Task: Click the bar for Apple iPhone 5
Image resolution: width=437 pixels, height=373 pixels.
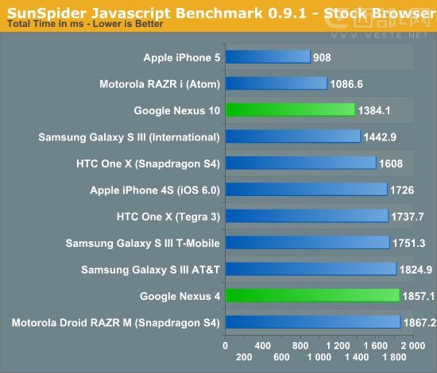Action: pyautogui.click(x=268, y=57)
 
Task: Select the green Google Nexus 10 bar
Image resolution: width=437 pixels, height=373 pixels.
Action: pyautogui.click(x=290, y=110)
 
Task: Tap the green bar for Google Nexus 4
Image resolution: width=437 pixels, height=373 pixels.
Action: pyautogui.click(x=312, y=295)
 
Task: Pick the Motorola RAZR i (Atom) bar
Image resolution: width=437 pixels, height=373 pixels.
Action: pyautogui.click(x=277, y=83)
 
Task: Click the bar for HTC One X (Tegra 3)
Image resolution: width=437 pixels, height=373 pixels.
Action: pyautogui.click(x=307, y=216)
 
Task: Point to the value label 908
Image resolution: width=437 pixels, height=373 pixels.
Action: pyautogui.click(x=323, y=57)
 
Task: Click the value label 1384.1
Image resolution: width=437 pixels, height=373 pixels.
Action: pyautogui.click(x=374, y=110)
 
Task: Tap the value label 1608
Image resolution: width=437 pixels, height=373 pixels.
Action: pyautogui.click(x=391, y=163)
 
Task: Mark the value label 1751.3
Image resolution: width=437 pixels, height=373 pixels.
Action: pyautogui.click(x=408, y=242)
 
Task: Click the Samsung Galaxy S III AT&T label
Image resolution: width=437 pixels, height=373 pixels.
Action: pyautogui.click(x=150, y=269)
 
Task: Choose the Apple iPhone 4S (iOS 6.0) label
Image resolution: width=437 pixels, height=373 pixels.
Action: pyautogui.click(x=155, y=190)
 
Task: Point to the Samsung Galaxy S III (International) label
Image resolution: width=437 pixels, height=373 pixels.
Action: pyautogui.click(x=129, y=137)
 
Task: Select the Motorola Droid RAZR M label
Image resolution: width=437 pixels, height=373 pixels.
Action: pyautogui.click(x=115, y=322)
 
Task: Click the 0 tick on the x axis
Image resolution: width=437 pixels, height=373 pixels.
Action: pyautogui.click(x=226, y=346)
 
